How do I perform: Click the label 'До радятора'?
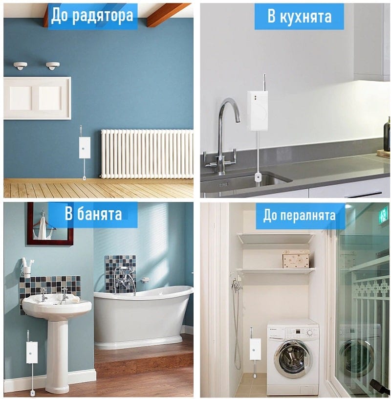click(92, 16)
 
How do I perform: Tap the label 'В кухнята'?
click(299, 17)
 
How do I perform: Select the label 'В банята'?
click(93, 213)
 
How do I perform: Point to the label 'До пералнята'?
click(300, 216)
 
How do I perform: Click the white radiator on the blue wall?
click(147, 154)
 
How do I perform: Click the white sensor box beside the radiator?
click(85, 148)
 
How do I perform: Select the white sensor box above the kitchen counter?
click(257, 111)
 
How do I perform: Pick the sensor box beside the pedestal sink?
click(32, 353)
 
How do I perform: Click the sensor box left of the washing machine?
click(255, 349)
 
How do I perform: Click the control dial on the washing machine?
click(309, 332)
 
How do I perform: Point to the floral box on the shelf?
click(296, 259)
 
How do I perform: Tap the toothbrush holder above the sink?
click(27, 268)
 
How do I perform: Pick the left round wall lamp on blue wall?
click(21, 66)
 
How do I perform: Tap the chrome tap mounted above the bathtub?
click(125, 279)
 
